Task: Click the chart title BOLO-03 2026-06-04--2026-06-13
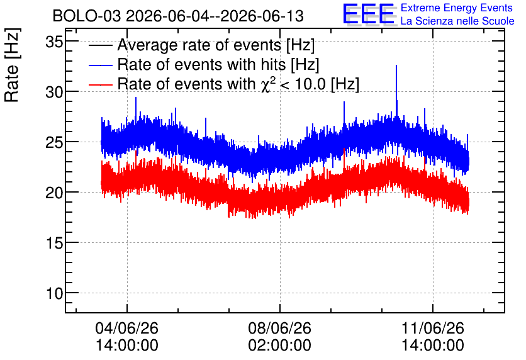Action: (178, 16)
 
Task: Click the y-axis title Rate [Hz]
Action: (12, 65)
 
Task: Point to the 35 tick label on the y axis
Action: (55, 42)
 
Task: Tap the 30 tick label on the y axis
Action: (55, 92)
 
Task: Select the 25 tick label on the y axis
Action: (55, 142)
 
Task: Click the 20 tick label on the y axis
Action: (55, 193)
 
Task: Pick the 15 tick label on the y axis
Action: (55, 243)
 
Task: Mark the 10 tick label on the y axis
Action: (55, 293)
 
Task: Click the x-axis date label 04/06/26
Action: (127, 328)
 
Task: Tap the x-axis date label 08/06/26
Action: (280, 328)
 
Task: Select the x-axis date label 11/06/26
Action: (433, 328)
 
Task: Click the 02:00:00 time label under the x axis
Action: (280, 345)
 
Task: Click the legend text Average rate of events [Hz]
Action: (216, 45)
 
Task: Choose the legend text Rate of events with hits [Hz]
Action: (218, 64)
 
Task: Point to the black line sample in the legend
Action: (100, 45)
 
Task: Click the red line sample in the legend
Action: (100, 84)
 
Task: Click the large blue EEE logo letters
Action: (369, 14)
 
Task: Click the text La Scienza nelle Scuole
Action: (457, 21)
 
